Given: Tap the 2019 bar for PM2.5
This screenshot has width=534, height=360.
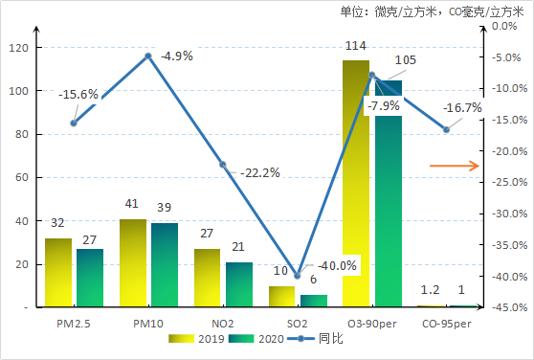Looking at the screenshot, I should pos(58,272).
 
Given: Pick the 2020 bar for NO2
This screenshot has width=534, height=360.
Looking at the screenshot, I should pos(239,284).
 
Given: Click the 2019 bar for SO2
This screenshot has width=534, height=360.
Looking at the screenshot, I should pos(281,297).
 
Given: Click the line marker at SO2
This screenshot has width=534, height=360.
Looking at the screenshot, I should pos(298,277).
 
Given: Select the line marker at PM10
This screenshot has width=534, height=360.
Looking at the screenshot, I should pos(148,56).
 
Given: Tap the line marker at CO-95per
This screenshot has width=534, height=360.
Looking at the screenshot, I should pos(446,129).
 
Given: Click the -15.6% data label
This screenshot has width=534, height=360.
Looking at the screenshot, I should pos(78,95).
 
